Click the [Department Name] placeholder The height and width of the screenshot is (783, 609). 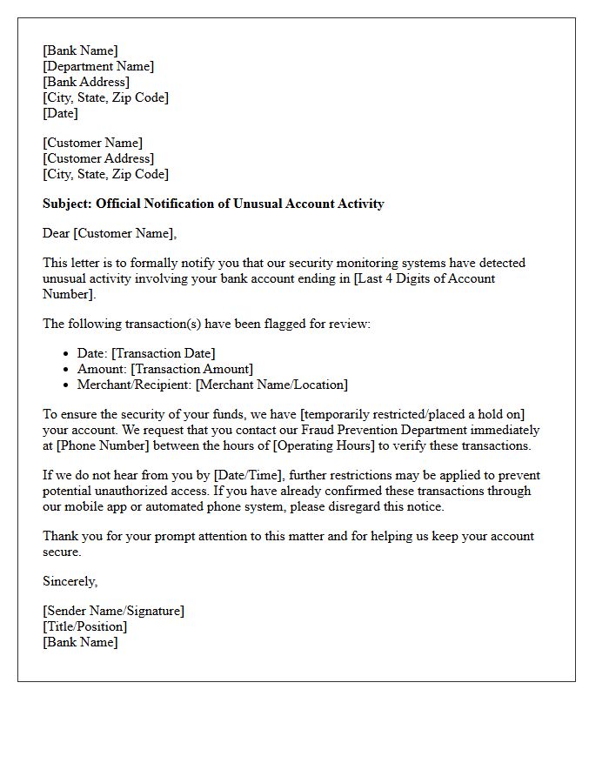click(x=98, y=66)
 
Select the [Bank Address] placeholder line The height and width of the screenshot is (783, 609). click(x=86, y=82)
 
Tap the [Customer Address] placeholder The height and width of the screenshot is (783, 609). click(x=98, y=158)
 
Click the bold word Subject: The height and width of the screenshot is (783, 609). click(x=67, y=204)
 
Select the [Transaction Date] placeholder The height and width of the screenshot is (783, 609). click(x=164, y=353)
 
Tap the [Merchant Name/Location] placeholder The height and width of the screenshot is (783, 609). click(x=271, y=385)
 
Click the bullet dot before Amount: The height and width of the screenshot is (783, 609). click(x=67, y=370)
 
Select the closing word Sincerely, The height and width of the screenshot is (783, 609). click(x=70, y=581)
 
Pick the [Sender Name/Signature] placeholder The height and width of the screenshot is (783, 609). click(x=113, y=611)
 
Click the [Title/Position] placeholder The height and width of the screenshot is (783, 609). click(x=84, y=626)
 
